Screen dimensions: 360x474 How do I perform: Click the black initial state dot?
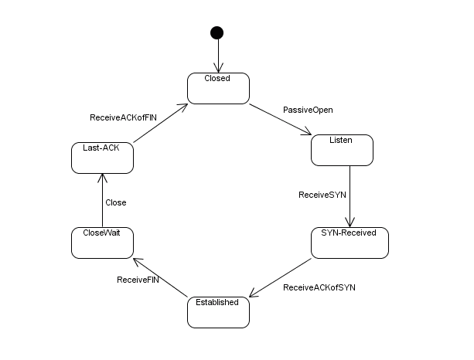pyautogui.click(x=217, y=32)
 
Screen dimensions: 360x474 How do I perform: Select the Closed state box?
pyautogui.click(x=218, y=87)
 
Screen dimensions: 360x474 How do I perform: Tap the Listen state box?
pyautogui.click(x=342, y=150)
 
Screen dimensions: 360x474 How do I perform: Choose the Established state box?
pyautogui.click(x=218, y=311)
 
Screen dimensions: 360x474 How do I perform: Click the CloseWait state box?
pyautogui.click(x=102, y=243)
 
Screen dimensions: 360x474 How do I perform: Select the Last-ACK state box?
pyautogui.click(x=102, y=158)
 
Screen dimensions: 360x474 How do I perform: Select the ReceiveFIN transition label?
pyautogui.click(x=138, y=279)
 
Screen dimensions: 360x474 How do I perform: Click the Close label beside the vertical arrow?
pyautogui.click(x=115, y=202)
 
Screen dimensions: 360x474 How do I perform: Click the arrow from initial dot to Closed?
pyautogui.click(x=217, y=56)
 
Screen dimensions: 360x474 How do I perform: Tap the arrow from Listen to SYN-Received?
pyautogui.click(x=350, y=196)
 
